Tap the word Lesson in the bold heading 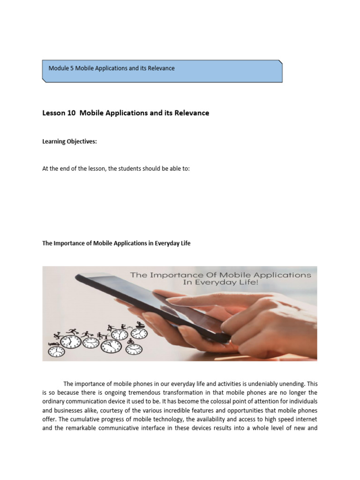(x=54, y=113)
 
